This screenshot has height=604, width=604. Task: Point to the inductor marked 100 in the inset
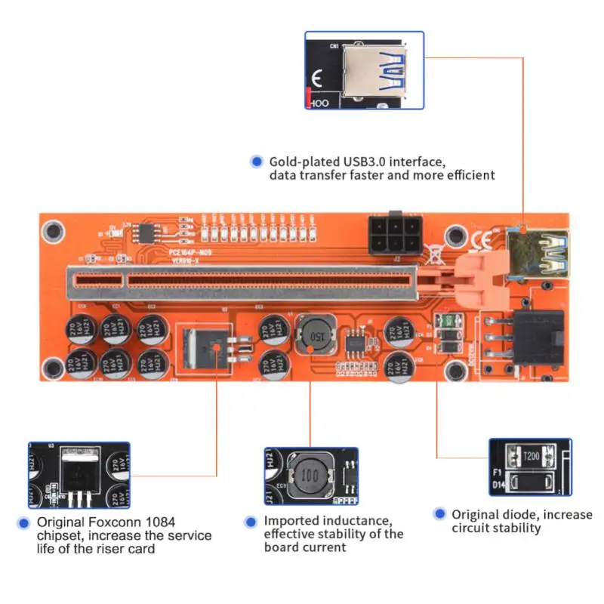[x=307, y=477]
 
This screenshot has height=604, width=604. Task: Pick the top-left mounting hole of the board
[x=53, y=229]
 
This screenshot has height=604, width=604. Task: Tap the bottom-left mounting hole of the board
[x=53, y=368]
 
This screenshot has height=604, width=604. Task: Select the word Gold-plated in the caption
[x=305, y=162]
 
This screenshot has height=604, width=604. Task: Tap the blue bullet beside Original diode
[x=439, y=513]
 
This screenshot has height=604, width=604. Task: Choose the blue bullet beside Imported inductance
[x=250, y=522]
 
